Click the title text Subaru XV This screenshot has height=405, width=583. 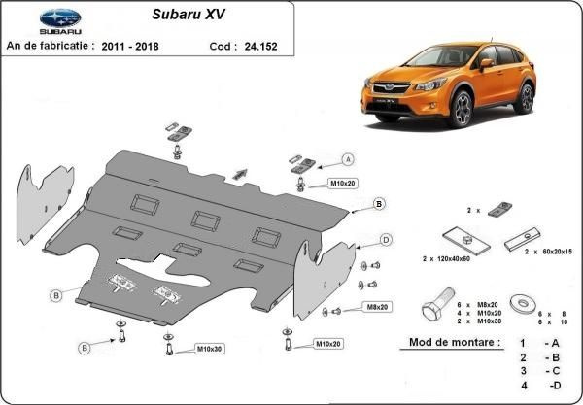point(189,15)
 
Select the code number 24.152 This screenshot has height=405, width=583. point(260,47)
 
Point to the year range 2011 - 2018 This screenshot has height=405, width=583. point(130,47)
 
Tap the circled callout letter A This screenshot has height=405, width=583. point(348,160)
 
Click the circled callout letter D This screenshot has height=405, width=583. point(386,240)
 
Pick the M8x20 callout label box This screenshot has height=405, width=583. point(377,307)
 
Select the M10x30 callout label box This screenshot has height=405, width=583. point(210,349)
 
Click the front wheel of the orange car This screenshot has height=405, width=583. point(461,109)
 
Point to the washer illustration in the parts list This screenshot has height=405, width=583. point(523,304)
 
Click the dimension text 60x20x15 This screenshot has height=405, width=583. point(553,252)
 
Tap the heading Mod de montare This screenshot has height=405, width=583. point(455,342)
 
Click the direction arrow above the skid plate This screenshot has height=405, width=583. point(240,174)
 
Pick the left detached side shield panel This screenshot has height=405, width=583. point(44,204)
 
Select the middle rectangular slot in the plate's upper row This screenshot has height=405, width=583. point(205,221)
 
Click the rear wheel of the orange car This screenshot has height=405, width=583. point(525,98)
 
